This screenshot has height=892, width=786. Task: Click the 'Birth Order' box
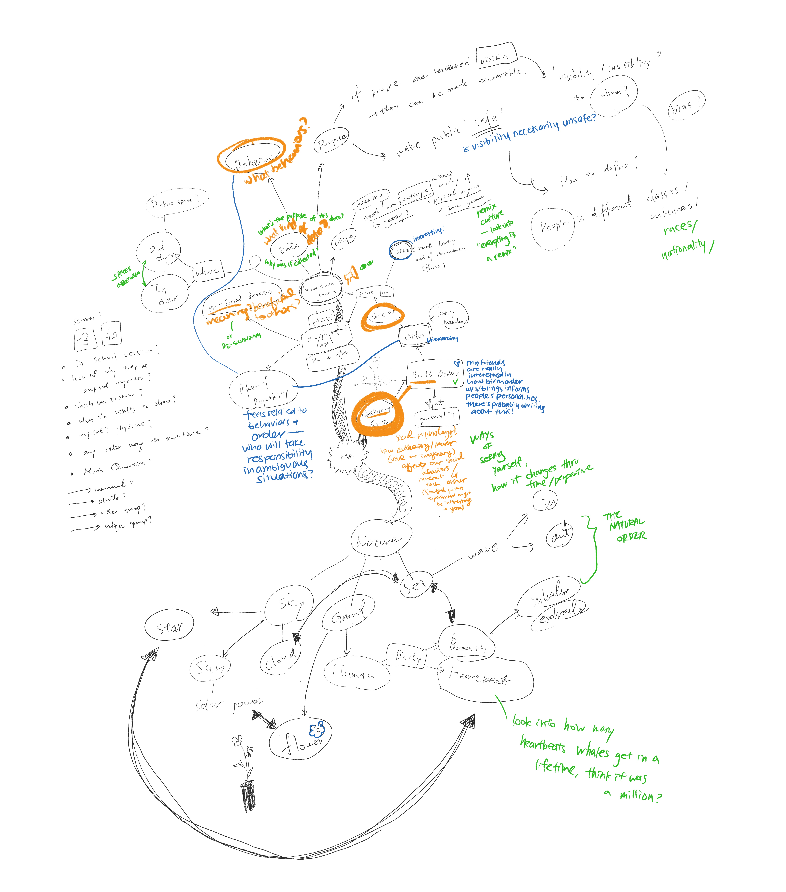click(x=434, y=374)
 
